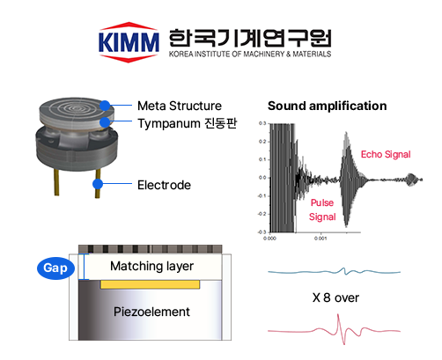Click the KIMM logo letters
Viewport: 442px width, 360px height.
click(x=129, y=42)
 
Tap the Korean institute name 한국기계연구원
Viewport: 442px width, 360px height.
click(x=250, y=38)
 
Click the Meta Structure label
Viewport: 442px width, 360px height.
click(x=180, y=106)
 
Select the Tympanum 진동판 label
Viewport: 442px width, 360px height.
click(x=187, y=123)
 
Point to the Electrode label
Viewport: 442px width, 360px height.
click(x=164, y=185)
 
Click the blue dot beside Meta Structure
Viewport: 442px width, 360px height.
click(x=105, y=106)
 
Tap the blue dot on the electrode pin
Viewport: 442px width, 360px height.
click(x=98, y=184)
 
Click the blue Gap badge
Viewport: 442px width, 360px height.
click(x=55, y=268)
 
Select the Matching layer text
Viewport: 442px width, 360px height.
click(x=151, y=266)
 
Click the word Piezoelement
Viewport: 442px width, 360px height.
click(x=151, y=312)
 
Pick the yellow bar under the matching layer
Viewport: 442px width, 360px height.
click(x=151, y=284)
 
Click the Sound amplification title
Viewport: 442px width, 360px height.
click(x=328, y=106)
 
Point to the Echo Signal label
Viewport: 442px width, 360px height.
click(x=386, y=154)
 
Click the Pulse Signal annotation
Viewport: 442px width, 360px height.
click(x=322, y=209)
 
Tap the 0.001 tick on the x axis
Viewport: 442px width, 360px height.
click(x=320, y=239)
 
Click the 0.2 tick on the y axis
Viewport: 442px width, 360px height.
click(x=262, y=142)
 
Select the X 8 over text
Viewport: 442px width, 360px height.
click(x=335, y=298)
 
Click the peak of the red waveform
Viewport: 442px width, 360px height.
click(x=338, y=315)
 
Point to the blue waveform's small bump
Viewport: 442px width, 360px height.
click(x=343, y=268)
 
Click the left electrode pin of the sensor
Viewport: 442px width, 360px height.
click(x=56, y=182)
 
